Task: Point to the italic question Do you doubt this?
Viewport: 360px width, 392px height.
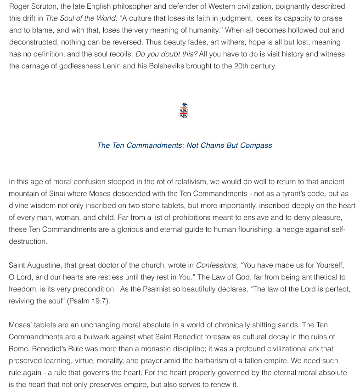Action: (x=166, y=54)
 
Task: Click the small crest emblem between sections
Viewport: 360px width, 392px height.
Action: (x=184, y=111)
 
